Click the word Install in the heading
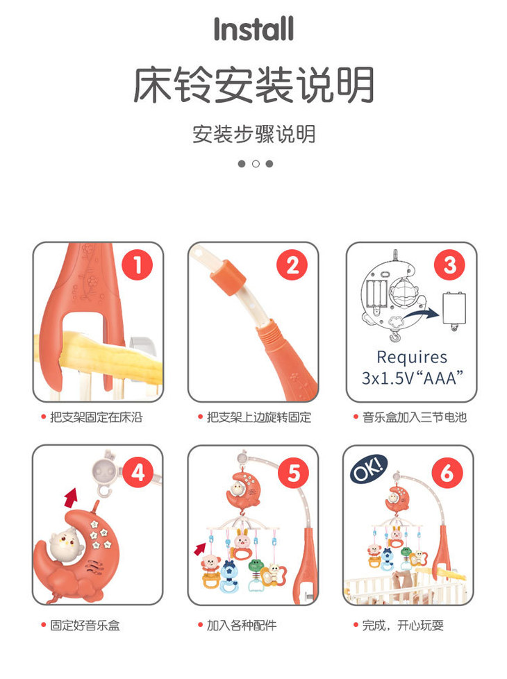point(253,29)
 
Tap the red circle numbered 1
point(137,265)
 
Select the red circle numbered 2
point(292,265)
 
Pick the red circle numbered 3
point(450,265)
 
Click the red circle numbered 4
point(138,472)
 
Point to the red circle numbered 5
point(293,472)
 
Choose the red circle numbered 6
point(447,472)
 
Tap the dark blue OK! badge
point(368,469)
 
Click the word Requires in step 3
point(412,357)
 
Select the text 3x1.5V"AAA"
point(413,378)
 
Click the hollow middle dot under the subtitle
point(256,164)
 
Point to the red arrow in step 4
point(71,498)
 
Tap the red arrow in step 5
point(200,549)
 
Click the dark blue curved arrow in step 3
point(422,315)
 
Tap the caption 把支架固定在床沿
point(97,417)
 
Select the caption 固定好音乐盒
point(85,625)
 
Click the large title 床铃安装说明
point(253,85)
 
